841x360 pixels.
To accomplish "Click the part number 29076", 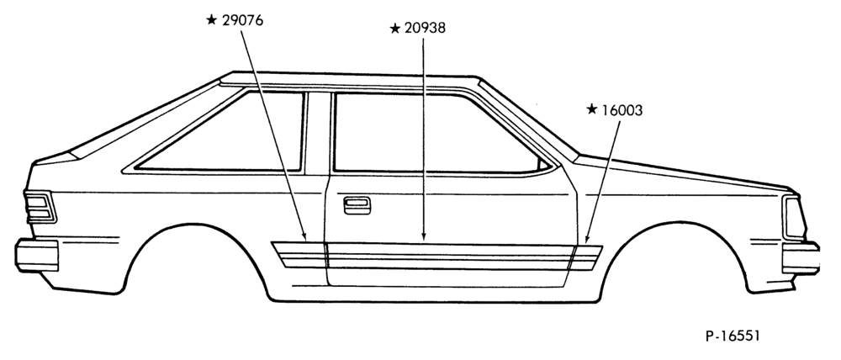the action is coord(242,21).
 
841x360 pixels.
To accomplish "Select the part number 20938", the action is coord(425,29).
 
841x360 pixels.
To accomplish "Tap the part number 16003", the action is coord(621,110).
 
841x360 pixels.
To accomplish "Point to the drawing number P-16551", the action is coord(733,336).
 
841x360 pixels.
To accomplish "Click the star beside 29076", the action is coord(212,20).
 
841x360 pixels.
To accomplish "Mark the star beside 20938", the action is coord(395,29).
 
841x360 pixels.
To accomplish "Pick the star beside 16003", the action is coord(591,109).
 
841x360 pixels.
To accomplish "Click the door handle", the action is coord(357,205).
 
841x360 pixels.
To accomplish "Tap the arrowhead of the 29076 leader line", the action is coord(304,237).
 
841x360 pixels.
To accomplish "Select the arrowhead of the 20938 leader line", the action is coord(424,236).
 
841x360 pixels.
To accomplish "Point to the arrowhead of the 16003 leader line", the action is coord(587,238).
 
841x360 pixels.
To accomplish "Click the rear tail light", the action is coord(40,207).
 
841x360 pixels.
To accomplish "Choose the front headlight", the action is coord(795,218).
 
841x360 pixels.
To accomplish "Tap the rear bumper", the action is coord(36,256).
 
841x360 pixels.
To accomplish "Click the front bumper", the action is coord(801,258).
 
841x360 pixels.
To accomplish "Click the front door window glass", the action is coord(436,133).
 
